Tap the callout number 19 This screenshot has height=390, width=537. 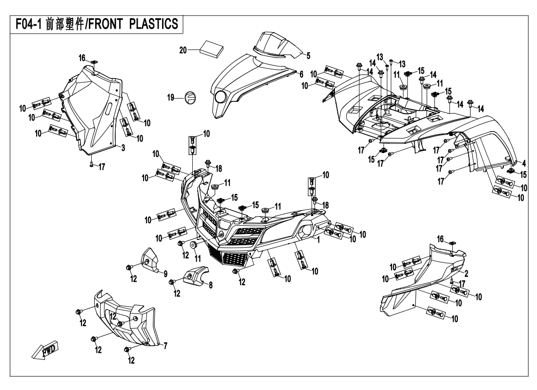[x=171, y=97]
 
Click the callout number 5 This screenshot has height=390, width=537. [x=308, y=55]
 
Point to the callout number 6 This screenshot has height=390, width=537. [x=301, y=74]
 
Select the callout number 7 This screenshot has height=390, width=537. [x=165, y=346]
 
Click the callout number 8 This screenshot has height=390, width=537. [x=211, y=286]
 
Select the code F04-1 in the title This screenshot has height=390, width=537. [x=28, y=24]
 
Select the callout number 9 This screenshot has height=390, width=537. [x=165, y=273]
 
